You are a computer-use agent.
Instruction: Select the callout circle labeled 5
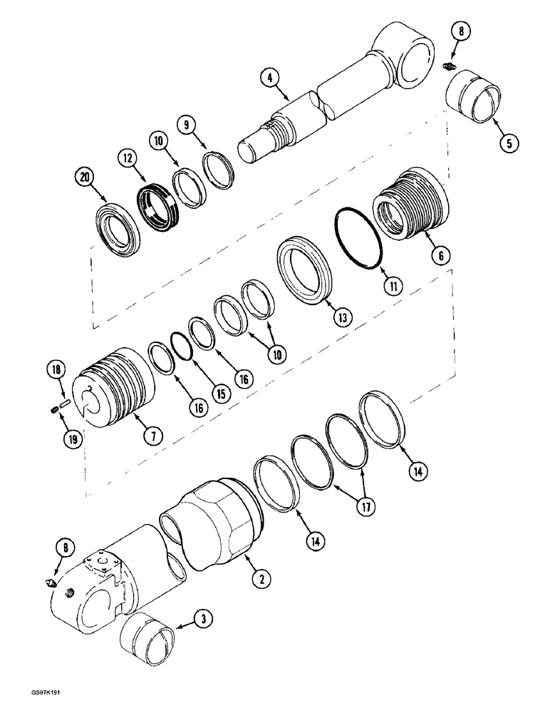(508, 142)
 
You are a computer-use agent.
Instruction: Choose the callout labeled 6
(442, 253)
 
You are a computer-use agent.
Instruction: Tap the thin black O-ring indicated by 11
(359, 239)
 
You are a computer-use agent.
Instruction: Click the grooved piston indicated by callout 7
(118, 382)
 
